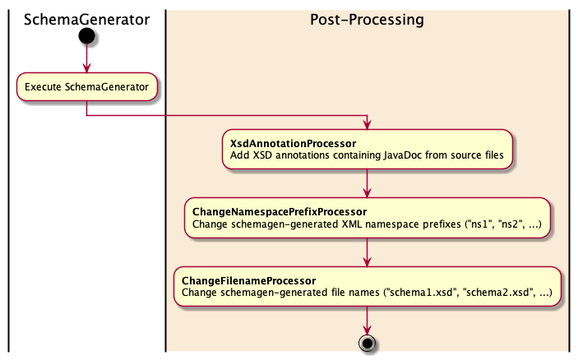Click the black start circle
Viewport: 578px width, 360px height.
point(86,36)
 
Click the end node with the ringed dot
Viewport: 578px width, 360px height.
point(368,343)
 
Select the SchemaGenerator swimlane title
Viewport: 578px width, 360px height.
point(86,20)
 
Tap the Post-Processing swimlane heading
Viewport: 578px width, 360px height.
point(367,20)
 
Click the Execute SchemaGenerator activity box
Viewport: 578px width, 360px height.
point(87,86)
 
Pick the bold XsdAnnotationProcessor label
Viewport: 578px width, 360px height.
point(293,144)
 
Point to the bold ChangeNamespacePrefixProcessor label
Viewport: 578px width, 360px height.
point(280,212)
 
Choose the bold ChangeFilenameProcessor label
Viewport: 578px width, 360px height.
point(249,281)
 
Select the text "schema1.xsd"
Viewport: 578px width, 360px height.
point(421,293)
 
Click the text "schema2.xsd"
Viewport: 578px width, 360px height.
point(498,293)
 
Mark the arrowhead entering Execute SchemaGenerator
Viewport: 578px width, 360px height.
point(86,68)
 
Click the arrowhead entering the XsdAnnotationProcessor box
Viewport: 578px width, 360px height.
point(368,125)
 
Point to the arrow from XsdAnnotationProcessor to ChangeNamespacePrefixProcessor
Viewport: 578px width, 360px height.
point(368,183)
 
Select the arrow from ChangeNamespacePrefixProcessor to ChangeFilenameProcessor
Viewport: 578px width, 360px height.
point(368,252)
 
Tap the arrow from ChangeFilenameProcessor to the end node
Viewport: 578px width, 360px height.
point(368,321)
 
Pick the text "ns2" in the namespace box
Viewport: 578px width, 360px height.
point(510,224)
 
